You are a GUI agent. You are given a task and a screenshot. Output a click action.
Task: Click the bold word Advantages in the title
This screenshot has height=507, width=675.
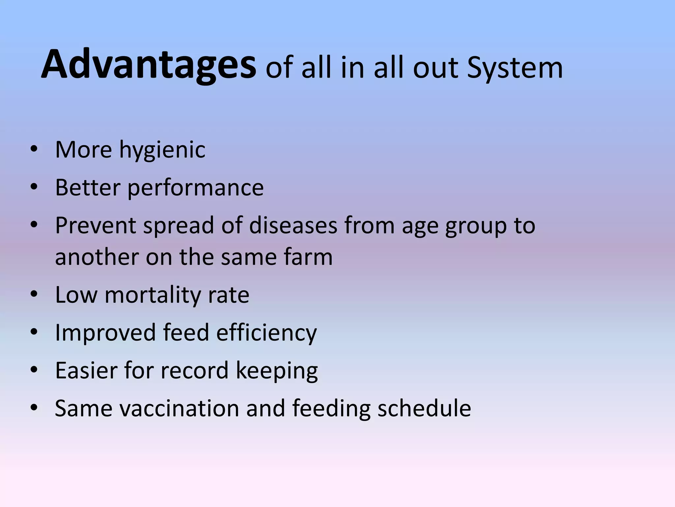pos(148,65)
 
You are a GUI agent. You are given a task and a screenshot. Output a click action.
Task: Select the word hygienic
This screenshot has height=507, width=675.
pos(162,151)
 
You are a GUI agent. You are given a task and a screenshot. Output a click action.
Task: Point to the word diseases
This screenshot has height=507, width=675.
pos(293,226)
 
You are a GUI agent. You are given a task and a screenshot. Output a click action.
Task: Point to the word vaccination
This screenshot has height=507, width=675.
pos(179,409)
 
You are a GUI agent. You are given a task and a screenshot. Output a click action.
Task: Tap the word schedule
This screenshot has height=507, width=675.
pos(424,409)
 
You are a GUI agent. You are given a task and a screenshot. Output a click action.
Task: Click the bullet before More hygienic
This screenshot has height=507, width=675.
pos(34,150)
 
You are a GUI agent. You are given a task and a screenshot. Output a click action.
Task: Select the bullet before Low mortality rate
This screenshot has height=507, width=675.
pos(34,294)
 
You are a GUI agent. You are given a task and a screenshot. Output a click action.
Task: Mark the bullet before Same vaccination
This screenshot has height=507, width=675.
pos(34,408)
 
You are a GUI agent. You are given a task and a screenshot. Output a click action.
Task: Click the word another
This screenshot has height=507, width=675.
pos(97,257)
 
